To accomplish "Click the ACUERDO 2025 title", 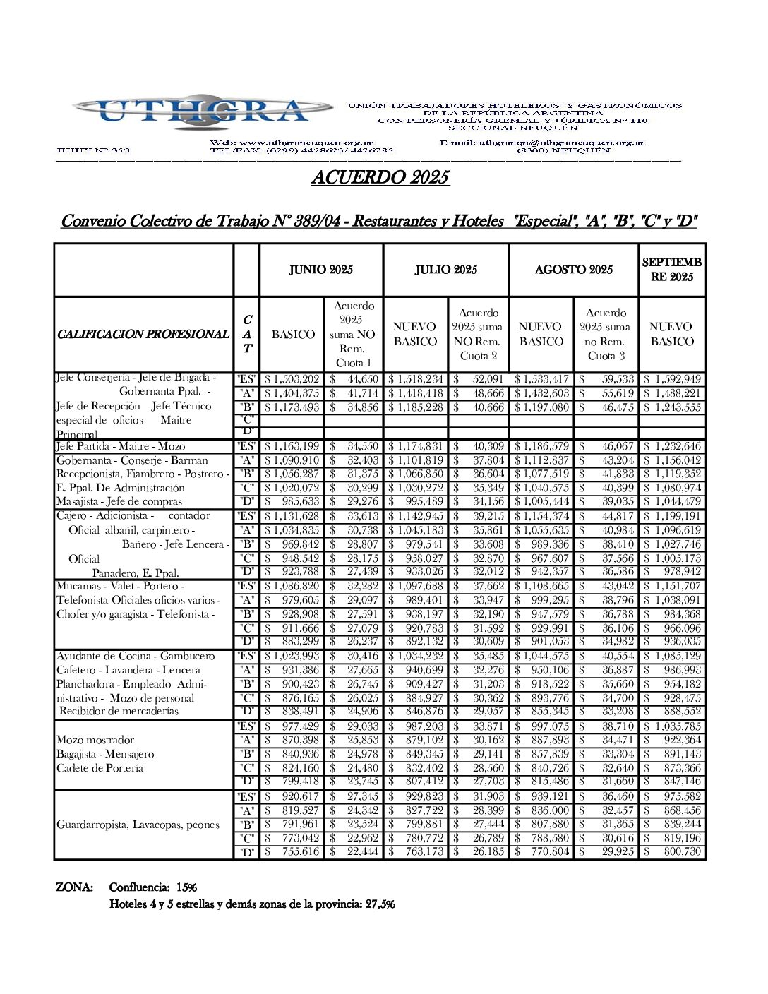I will coord(380,177).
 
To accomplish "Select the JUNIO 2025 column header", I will coord(320,270).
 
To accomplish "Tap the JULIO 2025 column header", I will coord(445,270).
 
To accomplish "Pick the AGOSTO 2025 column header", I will coord(573,270).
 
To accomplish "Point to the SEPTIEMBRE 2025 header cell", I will coord(671,270).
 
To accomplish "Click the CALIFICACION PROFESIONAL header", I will coord(143,334).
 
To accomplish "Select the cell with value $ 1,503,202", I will coord(292,380).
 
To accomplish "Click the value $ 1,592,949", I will coord(672,380).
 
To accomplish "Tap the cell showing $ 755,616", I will coord(292,852).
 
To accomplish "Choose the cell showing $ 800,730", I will coord(672,852).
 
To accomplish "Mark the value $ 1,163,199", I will coord(292,447).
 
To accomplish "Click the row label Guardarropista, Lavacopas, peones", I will coord(138,825).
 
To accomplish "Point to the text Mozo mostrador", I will coord(95,740).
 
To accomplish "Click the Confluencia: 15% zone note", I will coord(152,887).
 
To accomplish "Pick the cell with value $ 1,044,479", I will coord(672,502).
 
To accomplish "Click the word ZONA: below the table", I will coord(74,887).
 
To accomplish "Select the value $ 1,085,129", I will coord(672,657).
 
